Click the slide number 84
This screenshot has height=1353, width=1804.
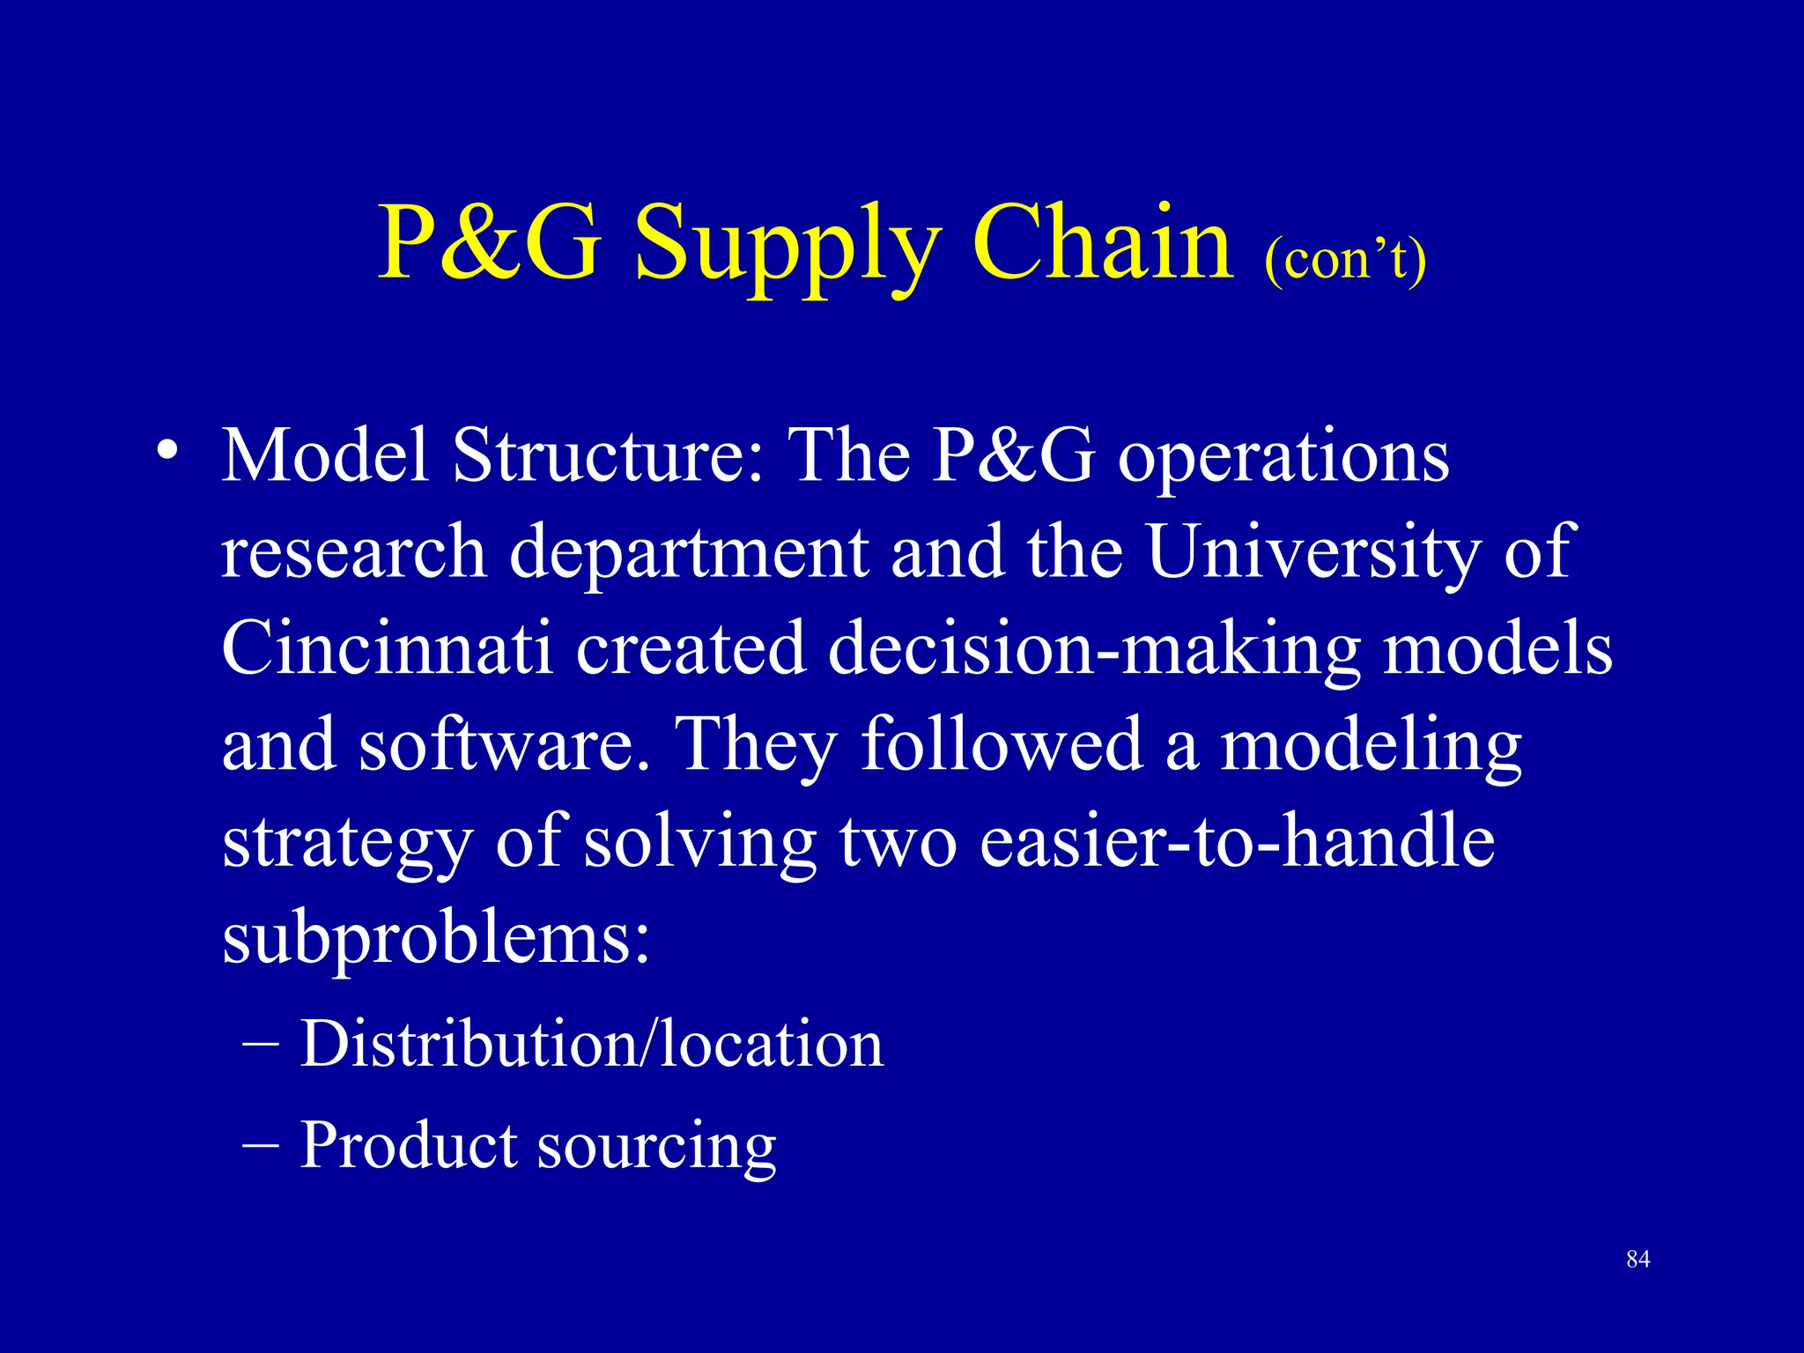click(1638, 1260)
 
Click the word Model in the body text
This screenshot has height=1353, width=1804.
click(325, 455)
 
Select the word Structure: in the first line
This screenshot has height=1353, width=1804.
click(609, 455)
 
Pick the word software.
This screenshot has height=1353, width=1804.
click(503, 744)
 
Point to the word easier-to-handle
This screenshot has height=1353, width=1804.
click(1237, 841)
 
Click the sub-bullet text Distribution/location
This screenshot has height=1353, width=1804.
click(591, 1044)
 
